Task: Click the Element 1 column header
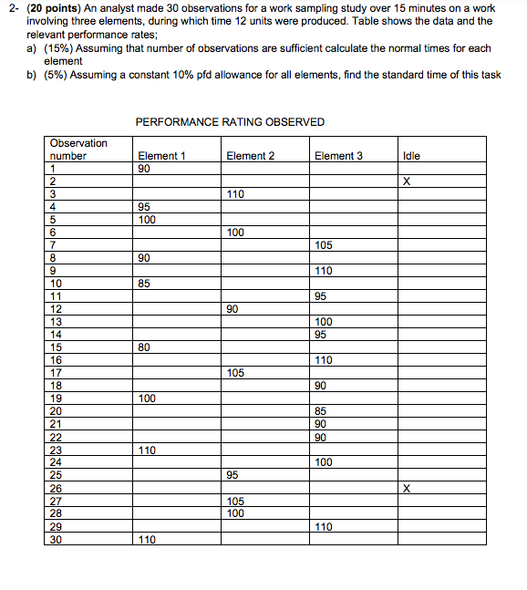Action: pos(161,156)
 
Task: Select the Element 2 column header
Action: pos(250,156)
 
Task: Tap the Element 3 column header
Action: pos(338,156)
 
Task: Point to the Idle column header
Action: pos(411,156)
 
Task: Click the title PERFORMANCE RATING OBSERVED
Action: pos(230,121)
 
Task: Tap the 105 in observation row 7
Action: pos(324,245)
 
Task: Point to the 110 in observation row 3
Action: pos(235,194)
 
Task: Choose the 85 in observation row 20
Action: pos(320,411)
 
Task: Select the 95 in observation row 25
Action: pos(232,475)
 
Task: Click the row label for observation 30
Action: pos(56,539)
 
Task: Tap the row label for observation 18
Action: pos(56,386)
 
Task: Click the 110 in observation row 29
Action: pos(324,526)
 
